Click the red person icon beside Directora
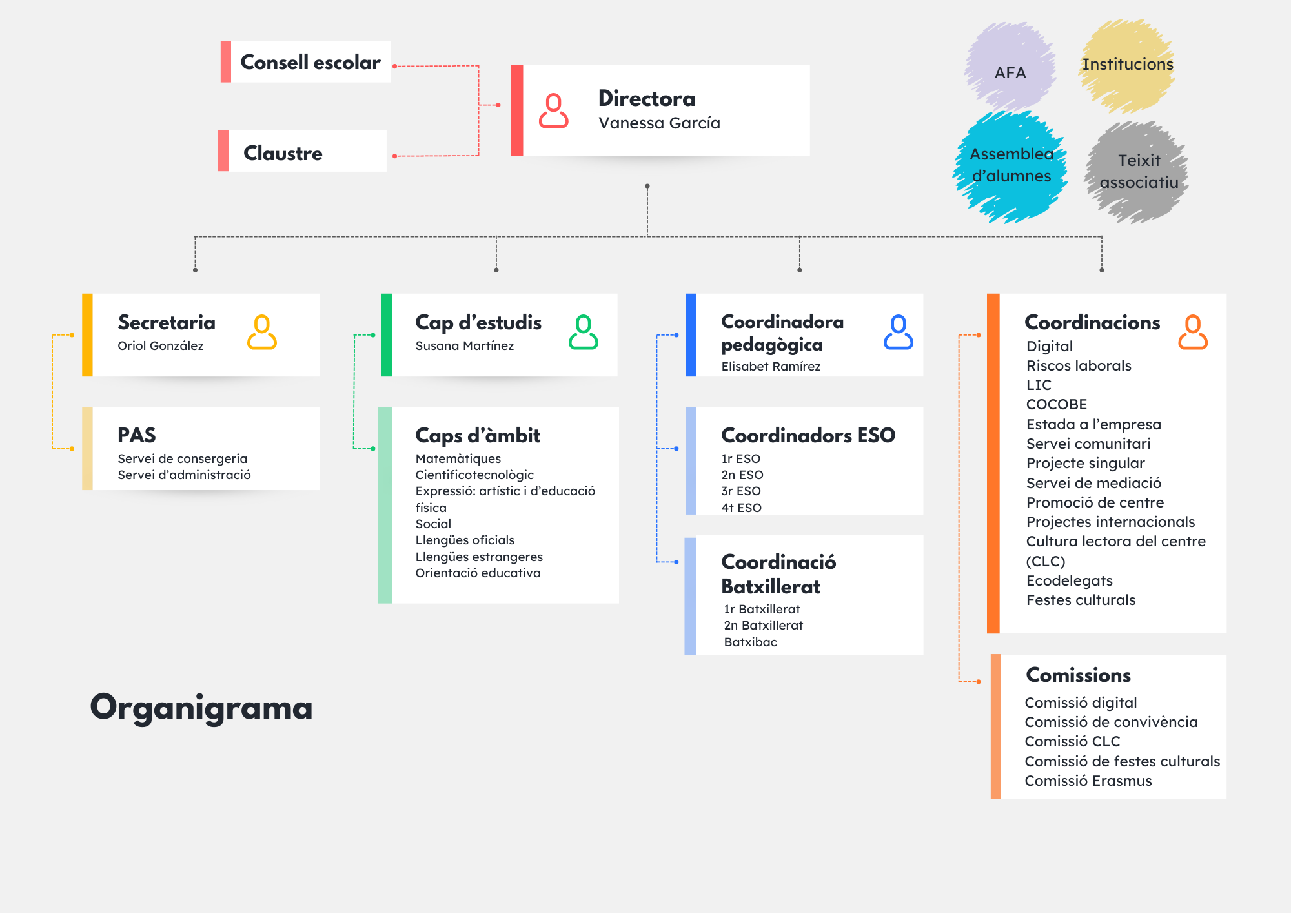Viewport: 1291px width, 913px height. [x=553, y=110]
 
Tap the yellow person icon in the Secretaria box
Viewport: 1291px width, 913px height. [x=261, y=333]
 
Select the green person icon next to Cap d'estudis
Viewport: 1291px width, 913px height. [x=583, y=333]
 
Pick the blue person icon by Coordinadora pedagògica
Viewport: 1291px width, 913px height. [x=898, y=333]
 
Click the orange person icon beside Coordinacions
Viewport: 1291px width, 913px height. [x=1192, y=333]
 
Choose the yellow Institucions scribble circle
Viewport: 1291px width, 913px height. [x=1127, y=65]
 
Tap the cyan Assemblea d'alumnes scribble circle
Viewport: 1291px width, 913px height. [x=1011, y=167]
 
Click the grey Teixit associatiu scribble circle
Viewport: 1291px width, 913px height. [x=1138, y=172]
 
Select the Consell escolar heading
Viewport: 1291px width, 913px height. [x=310, y=63]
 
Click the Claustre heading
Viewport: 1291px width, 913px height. [x=283, y=154]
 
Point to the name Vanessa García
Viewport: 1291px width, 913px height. [x=659, y=123]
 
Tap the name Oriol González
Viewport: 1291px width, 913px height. [x=160, y=346]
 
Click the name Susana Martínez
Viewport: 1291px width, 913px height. [x=464, y=346]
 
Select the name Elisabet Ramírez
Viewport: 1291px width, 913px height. [x=771, y=367]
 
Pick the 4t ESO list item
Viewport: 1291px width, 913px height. [x=741, y=508]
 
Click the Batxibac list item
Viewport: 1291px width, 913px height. [x=750, y=642]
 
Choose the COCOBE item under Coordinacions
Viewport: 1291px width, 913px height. [x=1056, y=405]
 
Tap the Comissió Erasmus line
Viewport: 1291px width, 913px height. [x=1088, y=781]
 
